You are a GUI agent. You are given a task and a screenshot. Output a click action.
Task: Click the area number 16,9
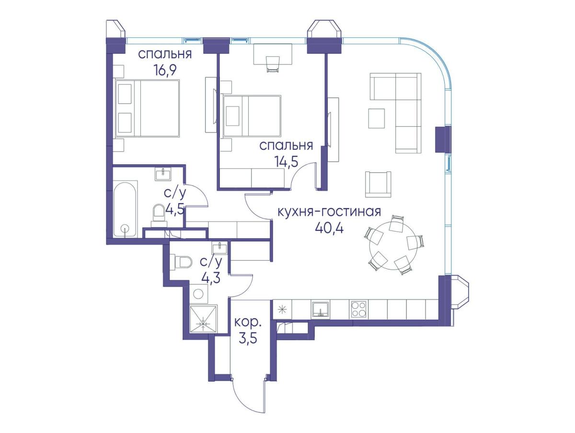[165, 70]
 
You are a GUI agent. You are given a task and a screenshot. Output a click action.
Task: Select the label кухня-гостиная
[329, 212]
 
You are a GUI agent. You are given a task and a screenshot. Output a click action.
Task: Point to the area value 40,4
[329, 229]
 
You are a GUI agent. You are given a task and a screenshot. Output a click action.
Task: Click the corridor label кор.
[248, 323]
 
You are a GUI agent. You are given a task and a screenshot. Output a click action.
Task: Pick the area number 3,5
[248, 338]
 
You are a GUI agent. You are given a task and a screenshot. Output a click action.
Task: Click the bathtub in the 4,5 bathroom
[126, 209]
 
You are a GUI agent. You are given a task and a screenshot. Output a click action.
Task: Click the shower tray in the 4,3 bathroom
[203, 319]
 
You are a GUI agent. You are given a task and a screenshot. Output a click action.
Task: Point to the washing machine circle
[198, 293]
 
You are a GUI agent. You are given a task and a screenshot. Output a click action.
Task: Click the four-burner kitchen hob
[358, 310]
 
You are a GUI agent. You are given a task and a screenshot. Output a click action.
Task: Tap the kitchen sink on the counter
[321, 309]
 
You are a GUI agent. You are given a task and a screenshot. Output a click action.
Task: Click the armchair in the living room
[378, 184]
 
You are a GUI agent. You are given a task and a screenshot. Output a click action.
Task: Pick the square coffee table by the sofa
[377, 119]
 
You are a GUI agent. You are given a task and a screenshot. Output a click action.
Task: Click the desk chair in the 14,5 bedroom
[273, 64]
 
